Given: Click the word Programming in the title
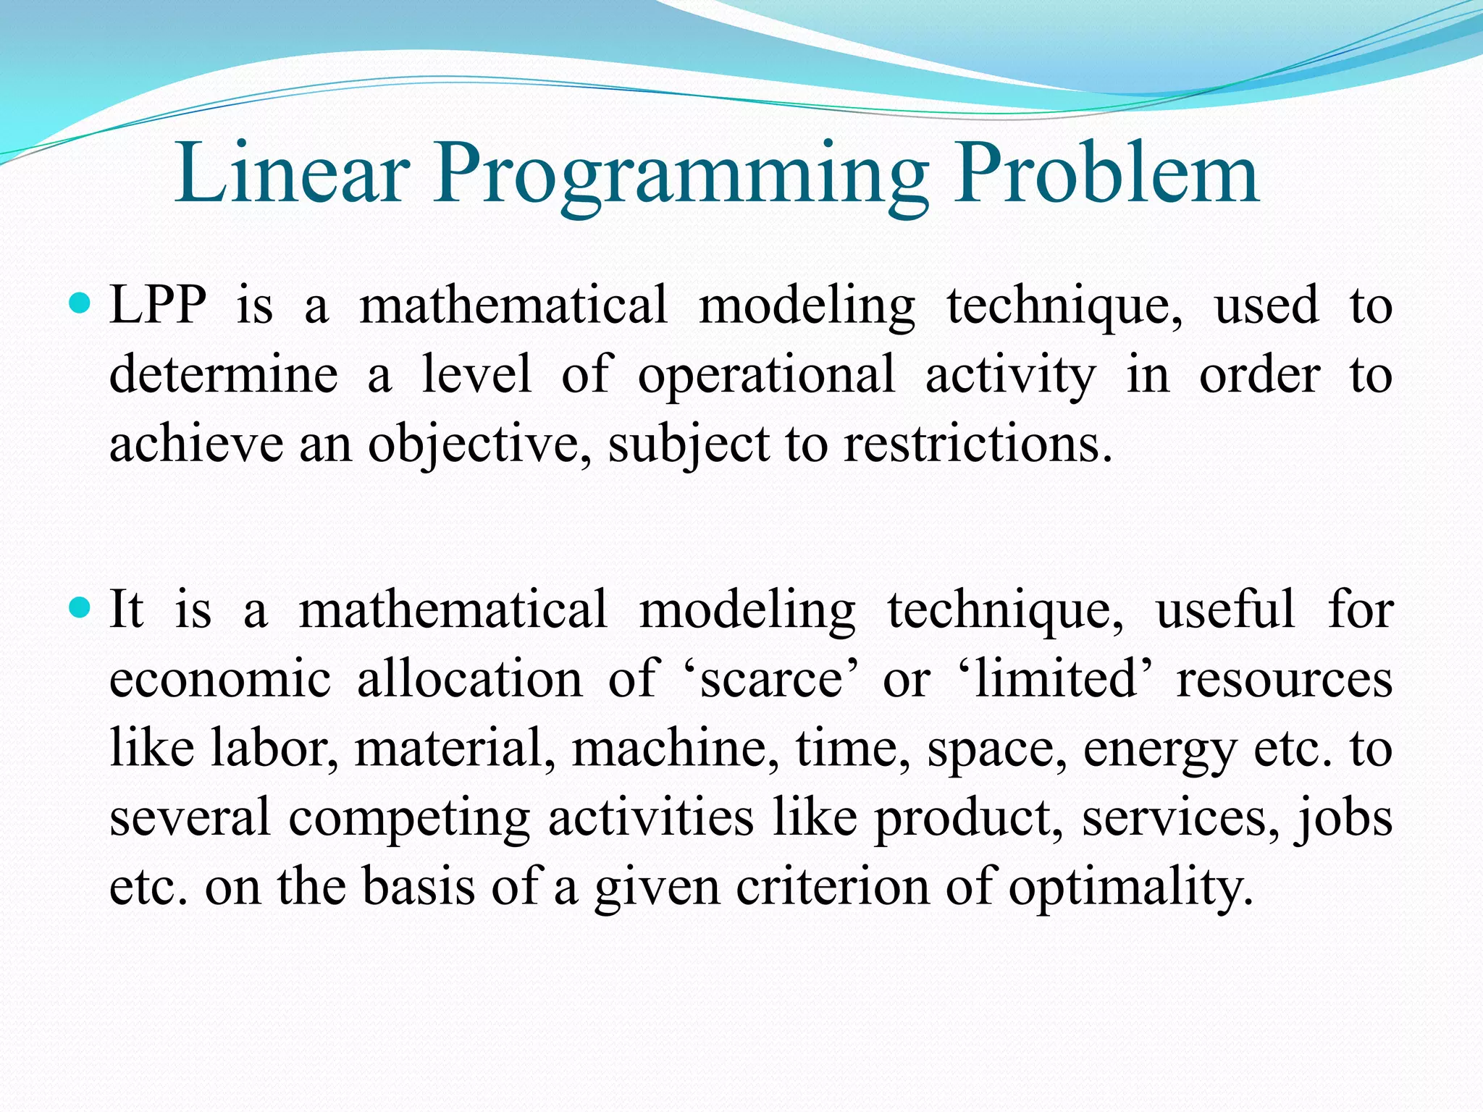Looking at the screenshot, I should (x=681, y=177).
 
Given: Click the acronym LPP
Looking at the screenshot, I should (x=158, y=305).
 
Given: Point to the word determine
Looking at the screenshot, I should (x=223, y=375).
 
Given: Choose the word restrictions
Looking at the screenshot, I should (x=977, y=444).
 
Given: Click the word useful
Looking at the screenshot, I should (x=1224, y=610).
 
